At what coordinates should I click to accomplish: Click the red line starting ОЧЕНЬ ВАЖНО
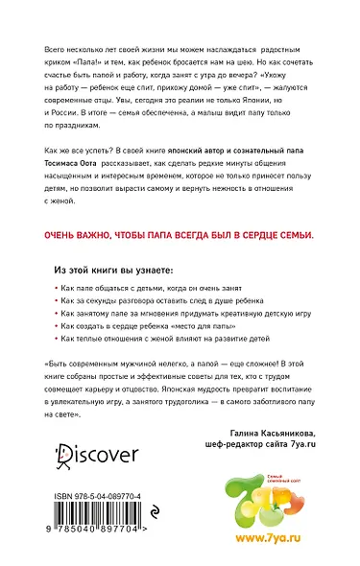pos(179,232)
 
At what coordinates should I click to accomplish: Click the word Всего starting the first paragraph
pos(57,45)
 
